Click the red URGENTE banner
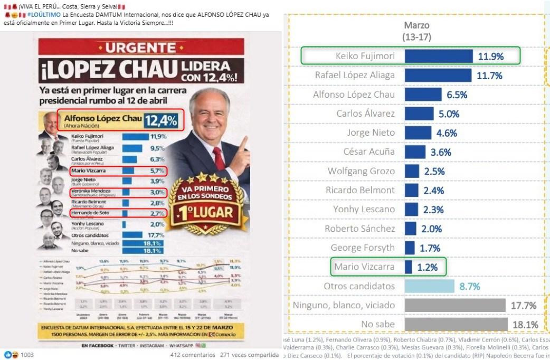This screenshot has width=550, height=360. click(x=142, y=48)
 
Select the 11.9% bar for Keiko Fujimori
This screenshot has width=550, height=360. click(x=438, y=56)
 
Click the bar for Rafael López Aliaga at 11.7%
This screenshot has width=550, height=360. click(x=438, y=75)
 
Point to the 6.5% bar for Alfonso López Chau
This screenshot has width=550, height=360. click(x=423, y=94)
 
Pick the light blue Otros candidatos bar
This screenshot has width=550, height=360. click(x=429, y=286)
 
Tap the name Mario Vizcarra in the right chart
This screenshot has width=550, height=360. click(x=365, y=267)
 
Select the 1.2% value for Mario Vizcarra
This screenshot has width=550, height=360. click(x=427, y=267)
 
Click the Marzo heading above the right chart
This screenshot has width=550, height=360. click(x=416, y=25)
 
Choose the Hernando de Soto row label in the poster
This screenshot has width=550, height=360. click(x=90, y=213)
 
